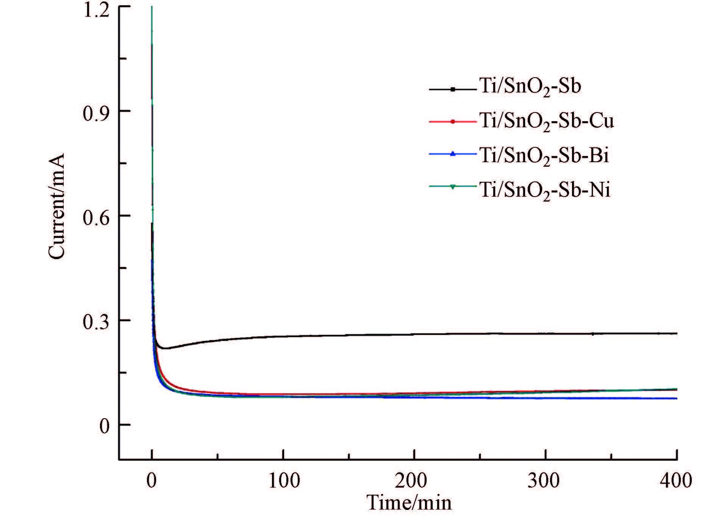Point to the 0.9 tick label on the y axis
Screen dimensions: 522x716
[x=97, y=112]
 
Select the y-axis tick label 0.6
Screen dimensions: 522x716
[x=97, y=216]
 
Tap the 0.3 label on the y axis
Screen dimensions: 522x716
[x=97, y=321]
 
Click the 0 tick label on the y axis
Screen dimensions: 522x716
[x=104, y=426]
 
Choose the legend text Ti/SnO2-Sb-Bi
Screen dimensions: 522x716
[x=544, y=156]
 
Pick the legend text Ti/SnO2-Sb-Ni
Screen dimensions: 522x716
[x=545, y=190]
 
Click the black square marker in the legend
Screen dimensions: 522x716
[x=452, y=89]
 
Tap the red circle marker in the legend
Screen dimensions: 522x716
[x=452, y=122]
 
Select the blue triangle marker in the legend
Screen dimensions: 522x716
[x=452, y=154]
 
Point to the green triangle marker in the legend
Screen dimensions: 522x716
[x=452, y=186]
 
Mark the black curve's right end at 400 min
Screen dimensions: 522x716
[x=677, y=333]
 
